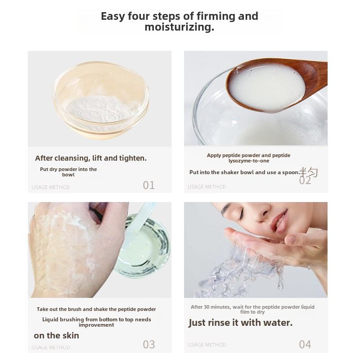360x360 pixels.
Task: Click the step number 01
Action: [x=149, y=185]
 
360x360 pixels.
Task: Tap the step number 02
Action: [x=305, y=180]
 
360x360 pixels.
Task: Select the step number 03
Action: [x=149, y=344]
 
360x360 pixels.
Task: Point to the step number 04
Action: [x=305, y=344]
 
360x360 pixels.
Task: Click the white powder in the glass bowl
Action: [x=99, y=108]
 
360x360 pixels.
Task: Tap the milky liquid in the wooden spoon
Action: [x=267, y=88]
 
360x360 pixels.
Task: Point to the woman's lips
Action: [x=279, y=221]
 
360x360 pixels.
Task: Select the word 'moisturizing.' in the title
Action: [x=179, y=27]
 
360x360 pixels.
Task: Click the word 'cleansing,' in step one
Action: [x=72, y=158]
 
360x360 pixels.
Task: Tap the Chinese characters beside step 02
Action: [x=309, y=172]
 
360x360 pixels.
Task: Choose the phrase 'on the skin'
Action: [x=57, y=335]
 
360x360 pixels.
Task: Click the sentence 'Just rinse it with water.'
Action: [x=240, y=323]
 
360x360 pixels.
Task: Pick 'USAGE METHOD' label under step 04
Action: [x=207, y=345]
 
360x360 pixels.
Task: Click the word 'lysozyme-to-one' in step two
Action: [x=249, y=161]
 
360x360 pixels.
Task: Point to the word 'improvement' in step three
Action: [x=96, y=325]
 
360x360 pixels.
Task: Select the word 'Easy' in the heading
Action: [x=113, y=17]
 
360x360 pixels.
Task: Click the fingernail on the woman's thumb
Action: [x=290, y=240]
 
